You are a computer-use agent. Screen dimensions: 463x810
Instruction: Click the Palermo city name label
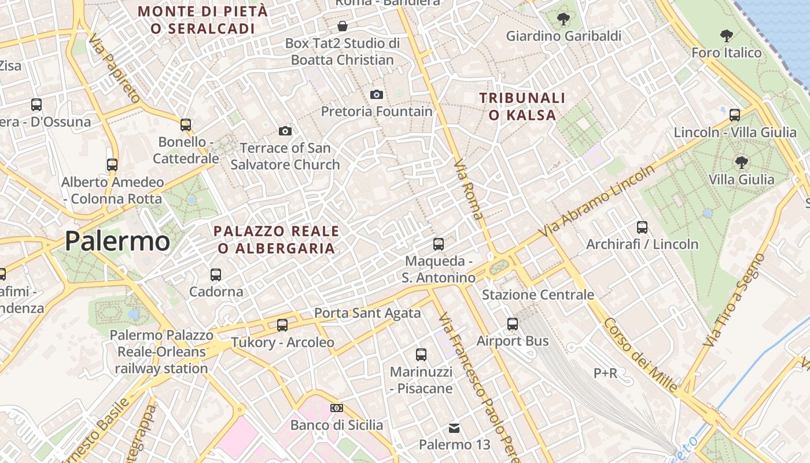[117, 241]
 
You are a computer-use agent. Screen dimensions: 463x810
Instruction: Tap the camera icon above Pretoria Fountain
[377, 94]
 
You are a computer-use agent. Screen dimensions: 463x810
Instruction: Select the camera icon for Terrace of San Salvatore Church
[285, 131]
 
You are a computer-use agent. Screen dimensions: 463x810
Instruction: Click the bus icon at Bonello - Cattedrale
[186, 125]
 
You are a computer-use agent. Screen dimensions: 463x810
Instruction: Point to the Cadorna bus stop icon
[216, 274]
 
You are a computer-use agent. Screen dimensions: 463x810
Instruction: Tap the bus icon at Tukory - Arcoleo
[282, 325]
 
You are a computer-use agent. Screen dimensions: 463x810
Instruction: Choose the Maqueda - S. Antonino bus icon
[439, 244]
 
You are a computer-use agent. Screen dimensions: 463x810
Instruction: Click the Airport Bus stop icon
[513, 324]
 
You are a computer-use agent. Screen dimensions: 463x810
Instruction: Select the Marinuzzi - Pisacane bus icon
[421, 355]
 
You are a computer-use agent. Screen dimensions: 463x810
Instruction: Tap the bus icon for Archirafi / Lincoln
[642, 227]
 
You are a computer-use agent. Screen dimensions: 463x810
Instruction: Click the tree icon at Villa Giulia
[742, 163]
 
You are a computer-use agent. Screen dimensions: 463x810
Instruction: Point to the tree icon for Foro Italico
[727, 36]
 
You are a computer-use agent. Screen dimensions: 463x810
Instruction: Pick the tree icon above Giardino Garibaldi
[564, 20]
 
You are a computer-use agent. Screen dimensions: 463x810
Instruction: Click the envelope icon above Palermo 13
[454, 428]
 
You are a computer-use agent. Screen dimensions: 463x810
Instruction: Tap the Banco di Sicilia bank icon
[336, 408]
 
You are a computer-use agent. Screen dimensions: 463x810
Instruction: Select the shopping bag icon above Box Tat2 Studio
[343, 26]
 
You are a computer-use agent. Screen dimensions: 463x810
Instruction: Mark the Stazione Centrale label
[538, 295]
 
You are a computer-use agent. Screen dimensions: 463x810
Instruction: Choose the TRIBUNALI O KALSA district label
[522, 106]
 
